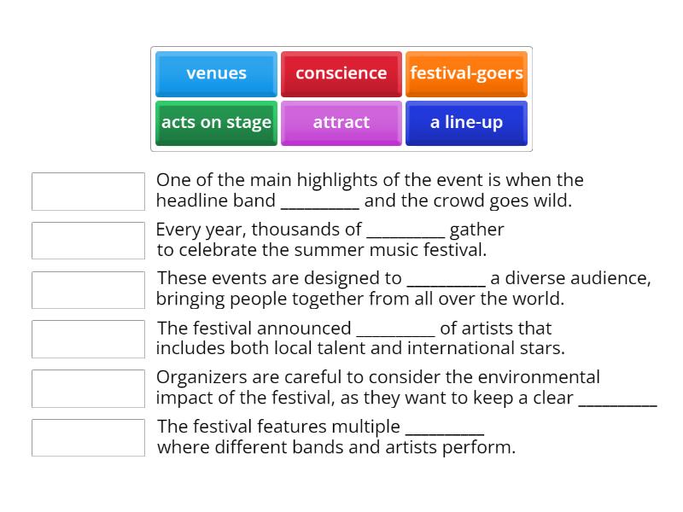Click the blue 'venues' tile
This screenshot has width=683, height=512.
point(216,73)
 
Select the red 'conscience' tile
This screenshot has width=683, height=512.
point(341,73)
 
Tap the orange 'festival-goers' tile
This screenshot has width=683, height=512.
point(466,73)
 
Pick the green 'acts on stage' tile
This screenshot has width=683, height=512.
point(216,123)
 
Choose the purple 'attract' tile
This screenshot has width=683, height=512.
point(341,123)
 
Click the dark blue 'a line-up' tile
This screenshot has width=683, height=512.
point(466,123)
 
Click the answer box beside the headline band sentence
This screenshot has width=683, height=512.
point(88,191)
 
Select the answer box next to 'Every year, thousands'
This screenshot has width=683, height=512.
point(88,241)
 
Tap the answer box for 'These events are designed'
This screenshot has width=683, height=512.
point(88,290)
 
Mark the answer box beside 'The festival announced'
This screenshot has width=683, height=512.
point(88,339)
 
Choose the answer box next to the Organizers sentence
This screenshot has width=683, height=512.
point(88,388)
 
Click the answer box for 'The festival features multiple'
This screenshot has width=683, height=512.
point(88,438)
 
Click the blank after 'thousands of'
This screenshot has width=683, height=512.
point(406,231)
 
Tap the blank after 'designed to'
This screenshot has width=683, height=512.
point(446,280)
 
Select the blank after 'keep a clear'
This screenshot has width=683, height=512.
point(617,400)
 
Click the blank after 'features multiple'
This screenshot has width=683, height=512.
point(444,428)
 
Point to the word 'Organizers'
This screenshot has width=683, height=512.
point(197,377)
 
